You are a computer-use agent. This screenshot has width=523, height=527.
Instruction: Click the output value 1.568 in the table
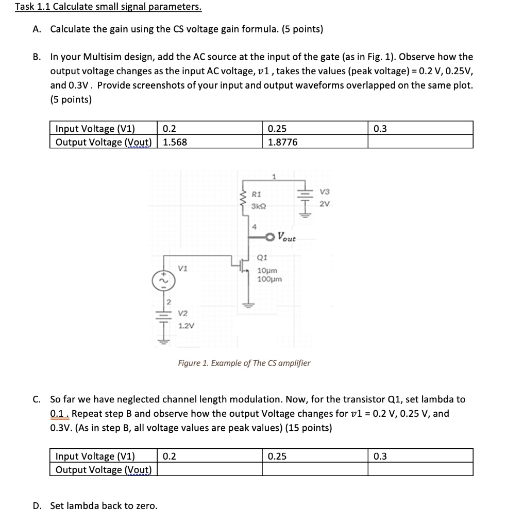[x=175, y=142]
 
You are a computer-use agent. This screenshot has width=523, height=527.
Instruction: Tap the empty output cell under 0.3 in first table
[x=420, y=142]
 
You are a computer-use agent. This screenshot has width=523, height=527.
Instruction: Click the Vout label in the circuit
[x=287, y=237]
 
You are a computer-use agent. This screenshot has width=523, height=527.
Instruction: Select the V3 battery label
[x=324, y=191]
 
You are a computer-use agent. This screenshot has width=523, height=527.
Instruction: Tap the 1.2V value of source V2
[x=184, y=326]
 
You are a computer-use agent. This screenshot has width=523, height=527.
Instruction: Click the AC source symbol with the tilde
[x=159, y=280]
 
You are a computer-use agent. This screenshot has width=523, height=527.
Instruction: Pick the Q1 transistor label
[x=261, y=258]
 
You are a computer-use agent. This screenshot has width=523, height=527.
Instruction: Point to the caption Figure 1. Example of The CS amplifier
[x=244, y=363]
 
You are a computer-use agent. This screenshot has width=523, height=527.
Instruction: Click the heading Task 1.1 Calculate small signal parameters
[x=108, y=7]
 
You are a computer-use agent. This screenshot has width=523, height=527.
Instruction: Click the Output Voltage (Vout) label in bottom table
[x=103, y=470]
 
